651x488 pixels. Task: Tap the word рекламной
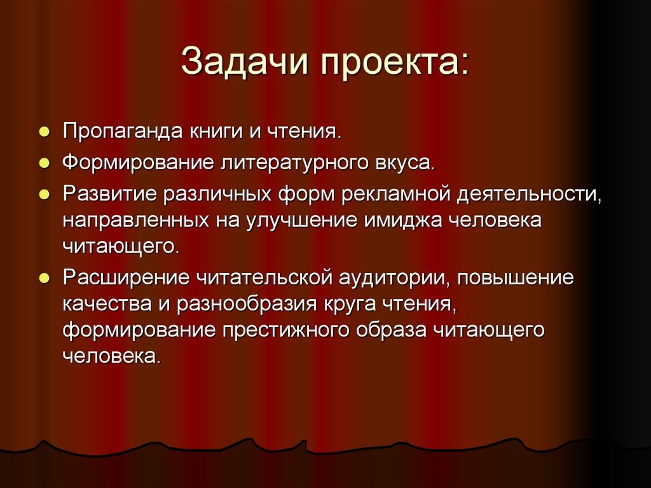(x=395, y=193)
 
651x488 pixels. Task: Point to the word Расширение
(x=126, y=277)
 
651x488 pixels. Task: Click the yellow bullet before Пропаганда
(x=44, y=133)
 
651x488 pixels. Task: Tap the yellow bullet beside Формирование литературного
(x=44, y=164)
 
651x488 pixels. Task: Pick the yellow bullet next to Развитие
(x=44, y=194)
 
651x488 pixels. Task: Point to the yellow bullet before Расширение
(x=44, y=278)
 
